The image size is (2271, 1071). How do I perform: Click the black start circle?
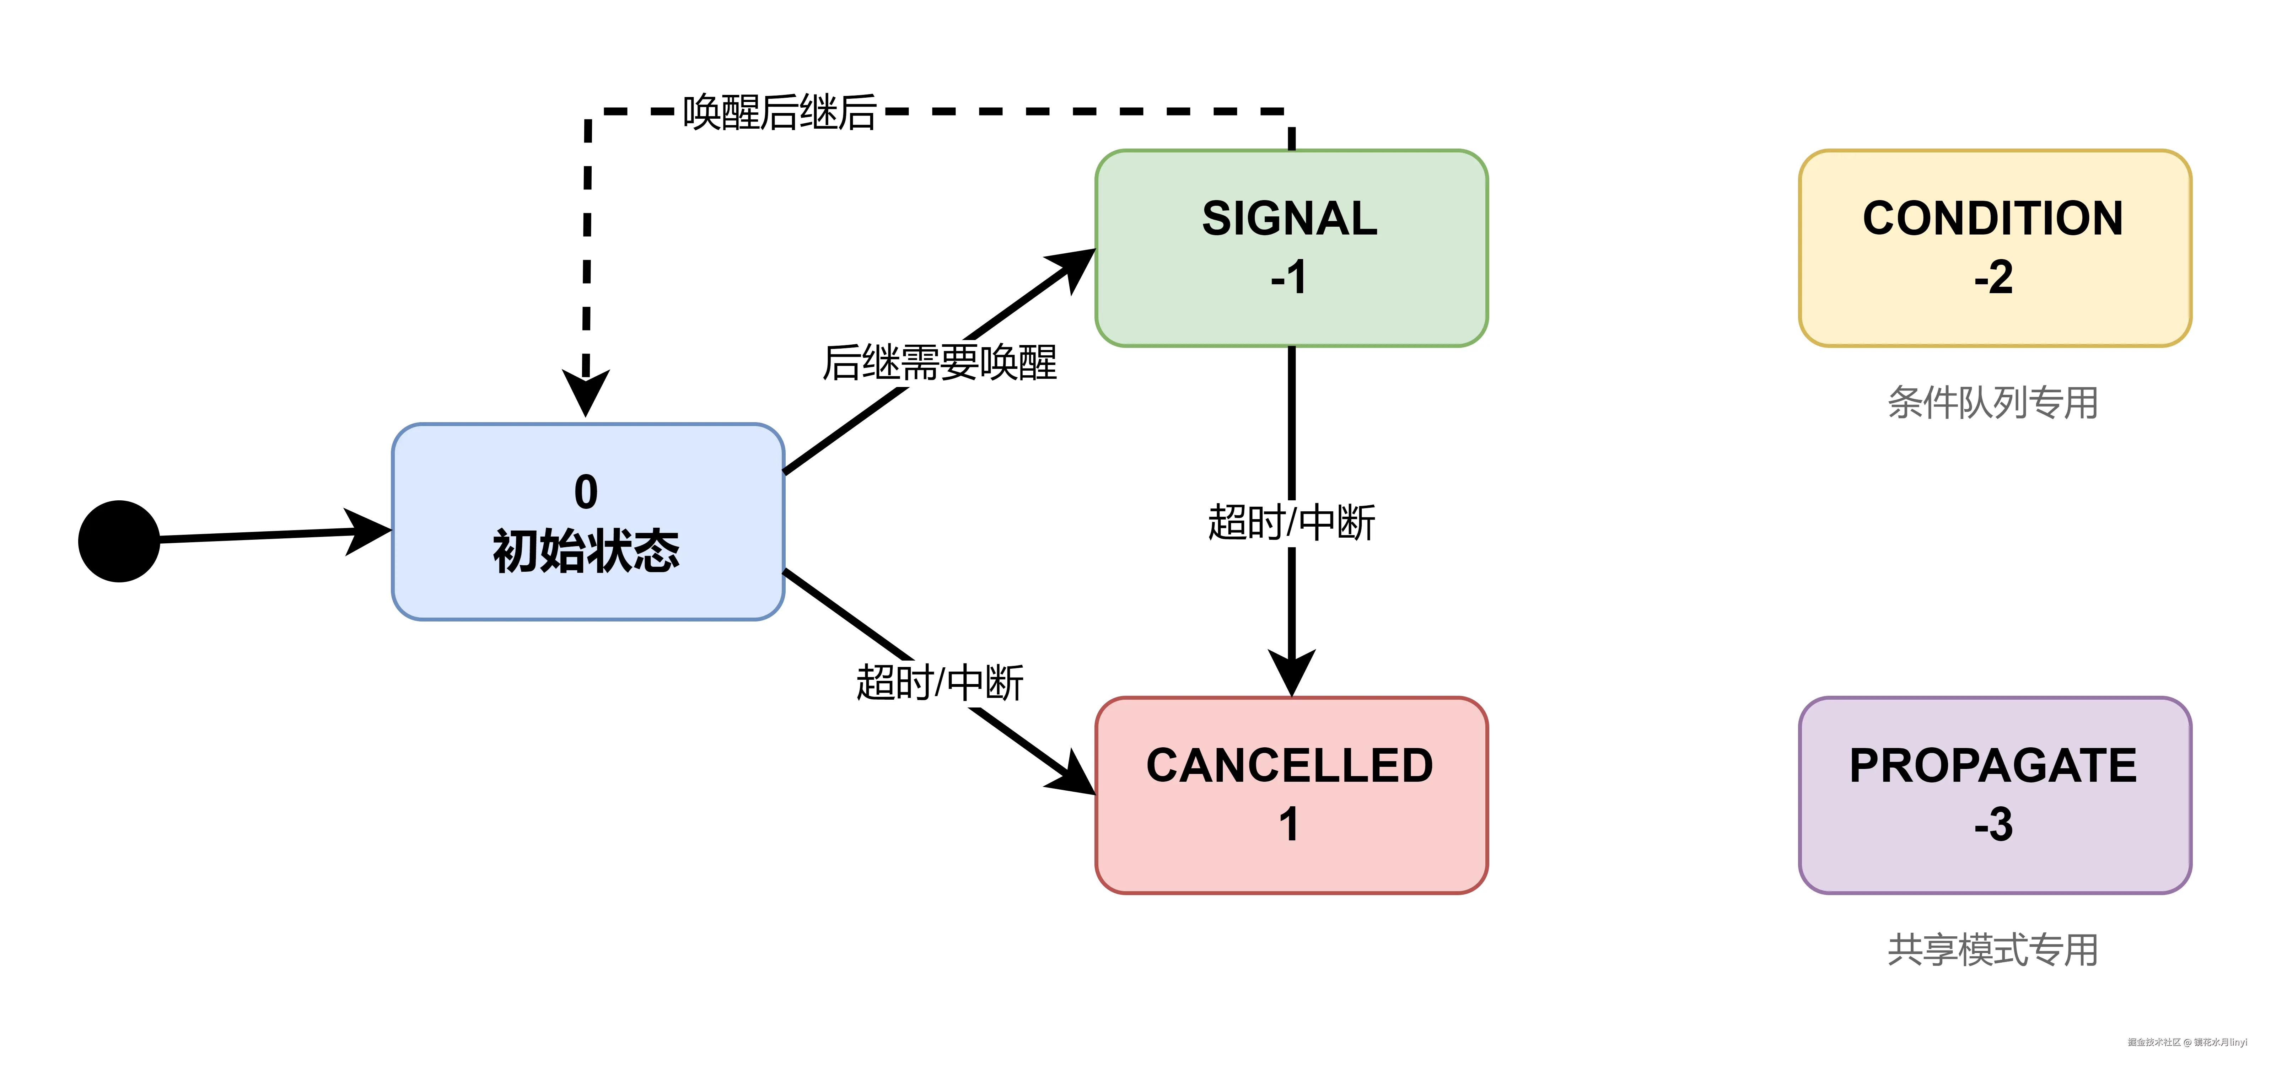119,541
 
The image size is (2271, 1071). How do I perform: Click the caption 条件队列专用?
1992,403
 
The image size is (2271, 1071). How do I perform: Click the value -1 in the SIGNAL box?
1289,278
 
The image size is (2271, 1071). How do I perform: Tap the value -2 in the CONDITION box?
1993,278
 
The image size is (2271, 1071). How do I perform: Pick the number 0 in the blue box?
586,492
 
